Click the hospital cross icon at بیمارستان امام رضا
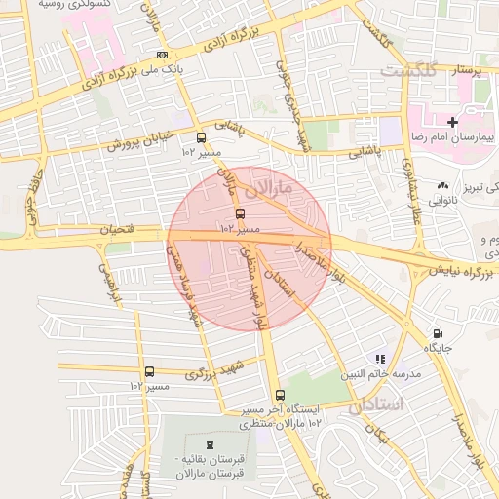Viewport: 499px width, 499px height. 451,122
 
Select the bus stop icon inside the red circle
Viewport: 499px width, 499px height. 240,212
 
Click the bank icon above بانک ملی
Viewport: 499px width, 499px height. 161,55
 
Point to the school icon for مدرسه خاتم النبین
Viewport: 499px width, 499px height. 379,359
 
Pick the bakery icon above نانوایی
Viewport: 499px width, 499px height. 442,184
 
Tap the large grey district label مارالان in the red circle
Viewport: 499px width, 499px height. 273,184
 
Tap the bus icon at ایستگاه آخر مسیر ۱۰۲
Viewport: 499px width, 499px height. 281,396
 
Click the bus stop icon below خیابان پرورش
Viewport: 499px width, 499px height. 201,137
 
